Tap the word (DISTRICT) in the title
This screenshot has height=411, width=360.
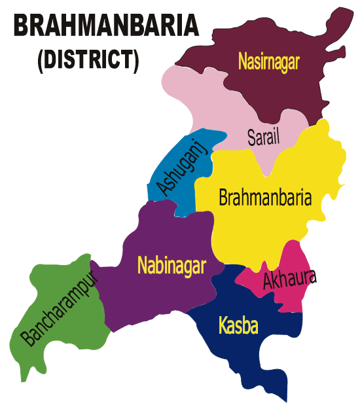(88, 60)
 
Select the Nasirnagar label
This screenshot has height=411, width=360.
(268, 63)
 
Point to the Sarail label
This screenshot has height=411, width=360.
(264, 137)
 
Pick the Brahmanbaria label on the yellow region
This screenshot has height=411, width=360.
(265, 197)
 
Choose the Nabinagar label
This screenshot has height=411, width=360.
(171, 265)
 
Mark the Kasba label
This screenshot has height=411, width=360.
(238, 325)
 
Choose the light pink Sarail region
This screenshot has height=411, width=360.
(196, 105)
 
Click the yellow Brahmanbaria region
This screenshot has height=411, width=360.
(262, 229)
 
